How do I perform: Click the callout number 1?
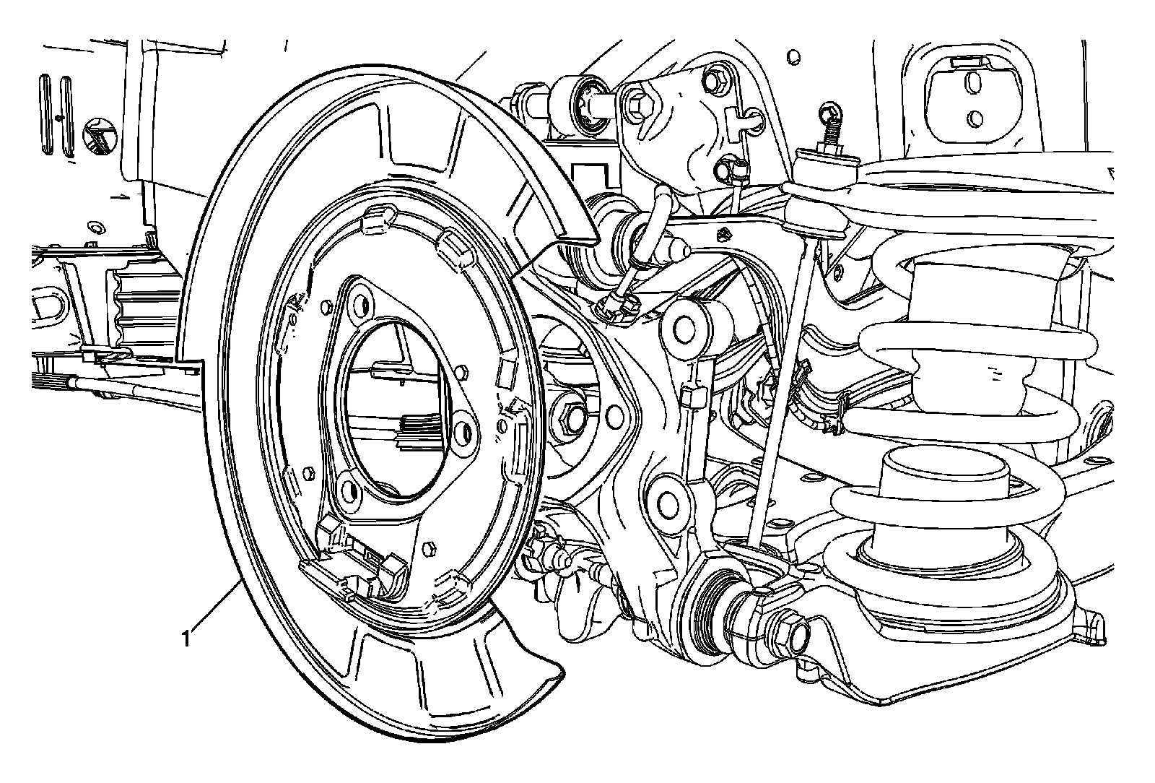pos(186,639)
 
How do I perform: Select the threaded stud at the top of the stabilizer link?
pos(829,135)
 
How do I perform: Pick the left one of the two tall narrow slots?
pos(45,115)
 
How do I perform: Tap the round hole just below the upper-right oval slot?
pos(975,119)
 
